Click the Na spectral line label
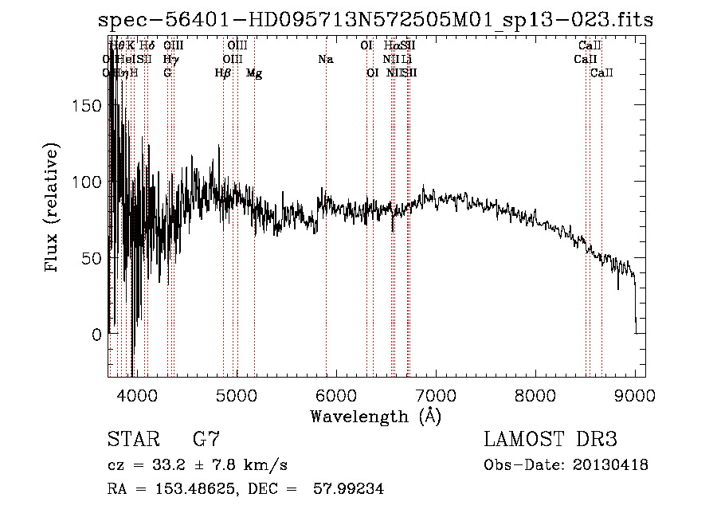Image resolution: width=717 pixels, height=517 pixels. (325, 59)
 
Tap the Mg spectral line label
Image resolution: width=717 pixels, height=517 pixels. (254, 72)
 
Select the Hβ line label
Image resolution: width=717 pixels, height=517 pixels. (223, 72)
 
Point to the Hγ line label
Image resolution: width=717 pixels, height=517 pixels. (170, 59)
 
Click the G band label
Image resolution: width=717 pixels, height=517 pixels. (167, 72)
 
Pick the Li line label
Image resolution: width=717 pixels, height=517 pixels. (407, 59)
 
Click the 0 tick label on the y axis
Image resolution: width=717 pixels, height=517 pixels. (98, 335)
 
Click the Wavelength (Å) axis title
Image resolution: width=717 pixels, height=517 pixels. (375, 416)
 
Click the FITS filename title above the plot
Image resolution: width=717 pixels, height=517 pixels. (375, 21)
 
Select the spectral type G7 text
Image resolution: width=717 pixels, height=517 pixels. (206, 440)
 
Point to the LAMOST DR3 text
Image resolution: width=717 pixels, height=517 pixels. (550, 440)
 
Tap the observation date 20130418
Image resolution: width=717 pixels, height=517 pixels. (609, 465)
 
